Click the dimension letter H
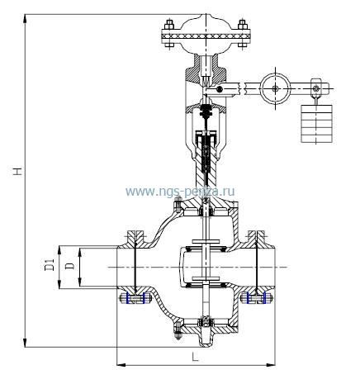pos(18,171)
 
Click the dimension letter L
pos(195,357)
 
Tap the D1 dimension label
pos(50,264)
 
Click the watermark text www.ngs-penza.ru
pos(180,192)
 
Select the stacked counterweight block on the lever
pos(316,124)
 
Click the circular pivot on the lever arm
pos(275,88)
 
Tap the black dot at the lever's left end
pos(220,89)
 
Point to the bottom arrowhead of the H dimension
pos(25,343)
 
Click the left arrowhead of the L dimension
pos(121,365)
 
